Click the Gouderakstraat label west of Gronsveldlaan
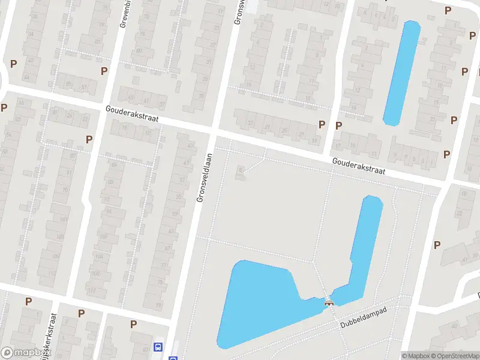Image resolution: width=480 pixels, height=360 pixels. point(131,114)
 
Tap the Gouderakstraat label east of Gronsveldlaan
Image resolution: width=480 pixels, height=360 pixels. point(359,166)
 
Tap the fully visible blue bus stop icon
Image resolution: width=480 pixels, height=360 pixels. point(158,347)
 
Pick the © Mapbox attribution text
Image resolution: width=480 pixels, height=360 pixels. point(415,356)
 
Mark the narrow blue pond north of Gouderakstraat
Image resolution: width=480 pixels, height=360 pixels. point(401,72)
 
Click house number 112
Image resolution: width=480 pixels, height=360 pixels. point(92,290)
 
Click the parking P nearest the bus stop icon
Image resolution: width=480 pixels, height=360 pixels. point(133,324)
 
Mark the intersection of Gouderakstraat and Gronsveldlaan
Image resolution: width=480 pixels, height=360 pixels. point(214,131)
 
